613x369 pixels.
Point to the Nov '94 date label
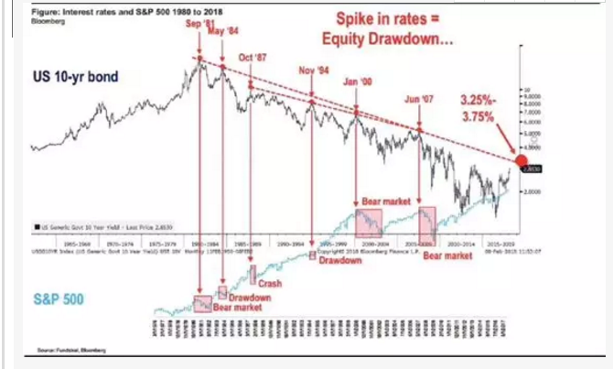313,71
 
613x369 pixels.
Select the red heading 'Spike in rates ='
393,20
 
